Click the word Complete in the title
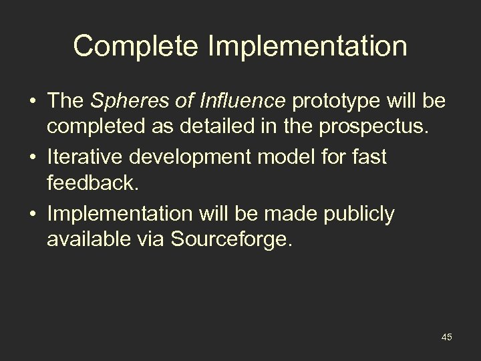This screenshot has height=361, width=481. (x=126, y=47)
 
